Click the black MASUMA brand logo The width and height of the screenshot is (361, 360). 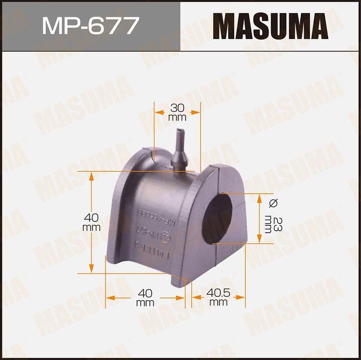(270, 26)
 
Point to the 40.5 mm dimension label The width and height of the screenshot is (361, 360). (218, 296)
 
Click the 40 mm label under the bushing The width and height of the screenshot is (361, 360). (146, 297)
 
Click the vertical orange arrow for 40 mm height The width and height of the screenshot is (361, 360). (92, 222)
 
